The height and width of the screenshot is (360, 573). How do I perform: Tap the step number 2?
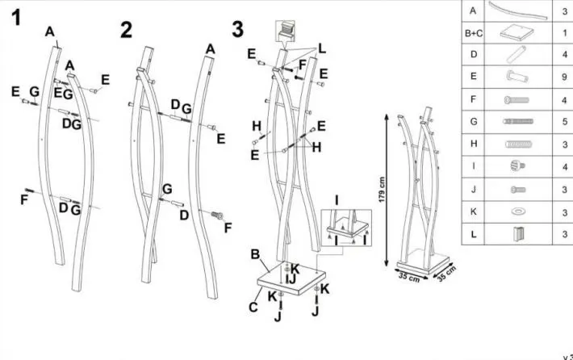pos(126,31)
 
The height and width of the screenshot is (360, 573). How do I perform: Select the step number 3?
pos(237,29)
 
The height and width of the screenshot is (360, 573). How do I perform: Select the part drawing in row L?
pos(516,233)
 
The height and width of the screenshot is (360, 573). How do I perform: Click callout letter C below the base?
pos(254,307)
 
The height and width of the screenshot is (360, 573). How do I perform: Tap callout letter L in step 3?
pos(322,49)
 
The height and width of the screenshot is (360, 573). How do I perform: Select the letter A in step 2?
pos(210,49)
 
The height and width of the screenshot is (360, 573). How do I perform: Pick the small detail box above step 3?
pos(286,31)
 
